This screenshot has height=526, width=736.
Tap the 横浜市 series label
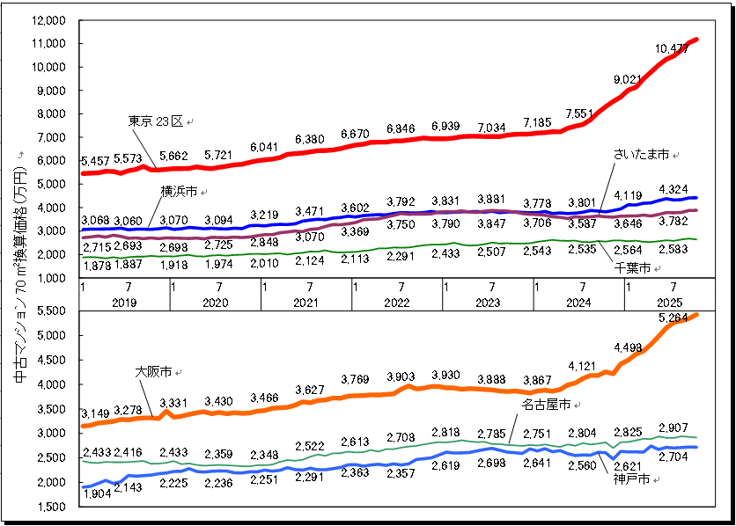click(178, 190)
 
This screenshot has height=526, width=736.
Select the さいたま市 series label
click(642, 155)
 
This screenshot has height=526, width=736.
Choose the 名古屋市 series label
click(547, 404)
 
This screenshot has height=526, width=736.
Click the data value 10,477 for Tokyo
click(672, 49)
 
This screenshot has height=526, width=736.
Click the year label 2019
click(123, 303)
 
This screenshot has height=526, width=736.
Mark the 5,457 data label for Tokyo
click(95, 161)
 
